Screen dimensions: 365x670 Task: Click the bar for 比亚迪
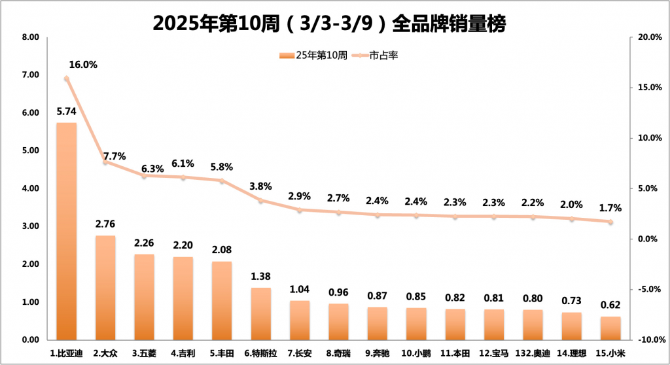[66, 232]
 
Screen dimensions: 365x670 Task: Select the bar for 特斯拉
[260, 314]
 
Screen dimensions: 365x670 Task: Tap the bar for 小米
[610, 328]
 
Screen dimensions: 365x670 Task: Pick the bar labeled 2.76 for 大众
[105, 288]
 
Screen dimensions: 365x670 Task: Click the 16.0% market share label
[83, 65]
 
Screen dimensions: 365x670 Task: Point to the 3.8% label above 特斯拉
[260, 186]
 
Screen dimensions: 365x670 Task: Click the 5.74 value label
[67, 111]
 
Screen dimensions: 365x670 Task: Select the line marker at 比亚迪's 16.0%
[66, 78]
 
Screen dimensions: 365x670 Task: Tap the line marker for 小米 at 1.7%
[610, 222]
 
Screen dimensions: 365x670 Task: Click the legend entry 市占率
[383, 56]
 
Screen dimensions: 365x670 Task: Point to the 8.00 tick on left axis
[30, 37]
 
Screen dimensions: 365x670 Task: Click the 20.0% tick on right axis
[649, 37]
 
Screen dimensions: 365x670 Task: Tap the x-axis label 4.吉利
[183, 353]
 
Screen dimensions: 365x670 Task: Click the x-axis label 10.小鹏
[415, 353]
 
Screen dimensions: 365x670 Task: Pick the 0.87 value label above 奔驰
[377, 295]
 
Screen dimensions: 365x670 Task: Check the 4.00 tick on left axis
[30, 188]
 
